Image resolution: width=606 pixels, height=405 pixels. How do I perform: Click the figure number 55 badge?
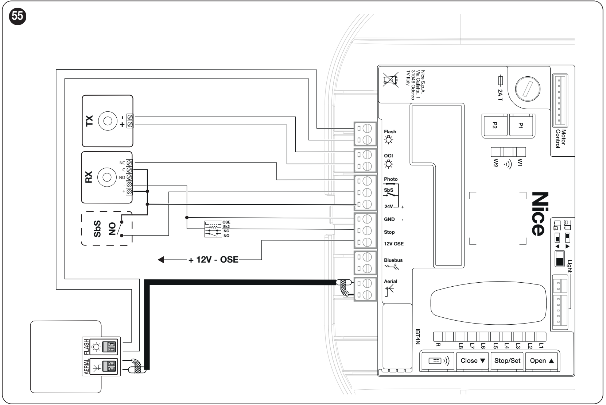point(18,16)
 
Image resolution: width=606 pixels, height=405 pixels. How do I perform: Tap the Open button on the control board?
point(541,361)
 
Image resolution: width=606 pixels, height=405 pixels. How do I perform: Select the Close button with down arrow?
point(473,361)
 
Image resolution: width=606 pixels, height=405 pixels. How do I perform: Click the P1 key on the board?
point(521,125)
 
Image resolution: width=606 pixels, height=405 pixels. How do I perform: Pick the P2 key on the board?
point(495,125)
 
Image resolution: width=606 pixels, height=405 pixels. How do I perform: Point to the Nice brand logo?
point(540,214)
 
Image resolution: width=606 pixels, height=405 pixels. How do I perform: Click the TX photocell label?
point(90,121)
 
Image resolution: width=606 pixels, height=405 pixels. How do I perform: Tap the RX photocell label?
point(89,177)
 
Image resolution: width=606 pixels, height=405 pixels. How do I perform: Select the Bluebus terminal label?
point(393,260)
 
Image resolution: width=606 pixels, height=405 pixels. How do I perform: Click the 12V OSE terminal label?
point(394,244)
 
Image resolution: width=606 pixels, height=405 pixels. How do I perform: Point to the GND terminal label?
point(389,219)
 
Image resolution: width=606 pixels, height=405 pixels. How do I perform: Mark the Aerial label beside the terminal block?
point(391,282)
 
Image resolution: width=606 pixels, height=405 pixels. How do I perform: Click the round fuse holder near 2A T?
point(528,89)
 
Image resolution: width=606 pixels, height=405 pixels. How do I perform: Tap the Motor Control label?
point(560,138)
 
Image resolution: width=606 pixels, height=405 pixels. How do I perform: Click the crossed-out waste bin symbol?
point(391,80)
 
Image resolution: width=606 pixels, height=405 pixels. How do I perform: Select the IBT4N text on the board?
point(418,337)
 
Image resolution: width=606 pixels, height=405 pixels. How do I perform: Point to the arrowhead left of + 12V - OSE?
point(161,260)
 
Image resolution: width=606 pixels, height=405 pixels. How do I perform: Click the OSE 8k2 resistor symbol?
point(213,227)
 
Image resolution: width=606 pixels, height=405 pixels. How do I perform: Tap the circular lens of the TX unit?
point(108,121)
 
